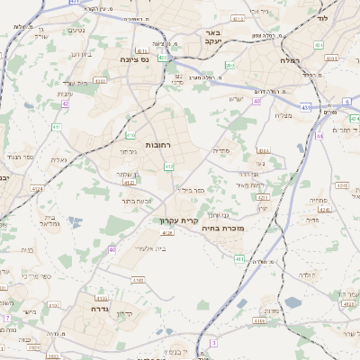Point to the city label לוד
click(322, 18)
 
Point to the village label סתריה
click(221, 150)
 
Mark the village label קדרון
click(125, 313)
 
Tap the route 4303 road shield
click(100, 81)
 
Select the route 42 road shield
click(65, 103)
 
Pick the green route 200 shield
click(230, 66)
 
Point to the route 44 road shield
click(319, 136)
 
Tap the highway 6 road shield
click(348, 103)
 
